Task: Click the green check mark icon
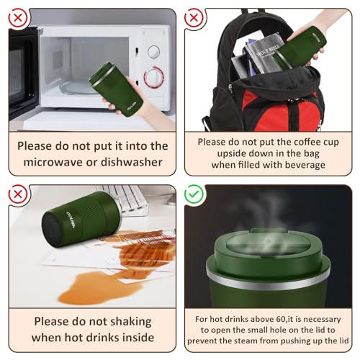click(194, 194)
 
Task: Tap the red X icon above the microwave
click(18, 18)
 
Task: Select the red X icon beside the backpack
click(194, 18)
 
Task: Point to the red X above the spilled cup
click(18, 194)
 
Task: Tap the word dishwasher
click(132, 162)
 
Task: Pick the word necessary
click(320, 320)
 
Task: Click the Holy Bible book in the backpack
click(264, 55)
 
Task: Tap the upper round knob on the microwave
click(153, 52)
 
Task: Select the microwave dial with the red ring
click(154, 76)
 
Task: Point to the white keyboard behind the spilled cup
click(125, 199)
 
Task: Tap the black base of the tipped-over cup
click(51, 229)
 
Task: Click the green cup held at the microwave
click(116, 89)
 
